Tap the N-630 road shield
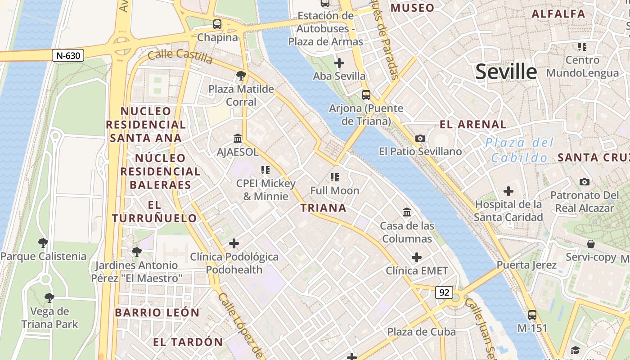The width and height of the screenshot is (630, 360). (x=68, y=56)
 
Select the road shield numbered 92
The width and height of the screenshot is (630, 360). (x=444, y=292)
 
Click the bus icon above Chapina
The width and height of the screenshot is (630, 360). (x=217, y=24)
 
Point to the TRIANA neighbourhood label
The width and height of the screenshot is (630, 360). (x=323, y=208)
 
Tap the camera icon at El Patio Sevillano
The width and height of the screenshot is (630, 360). (x=420, y=138)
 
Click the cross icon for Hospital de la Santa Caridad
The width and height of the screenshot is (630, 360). (x=508, y=191)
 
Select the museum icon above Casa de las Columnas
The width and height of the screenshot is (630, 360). (x=407, y=212)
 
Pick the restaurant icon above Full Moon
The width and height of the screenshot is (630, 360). (x=334, y=177)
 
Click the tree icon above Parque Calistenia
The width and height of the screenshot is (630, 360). (x=43, y=243)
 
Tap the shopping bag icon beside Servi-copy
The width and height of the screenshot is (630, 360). (x=590, y=244)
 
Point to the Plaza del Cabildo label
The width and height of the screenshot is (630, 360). (x=519, y=150)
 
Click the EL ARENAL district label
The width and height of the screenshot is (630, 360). (x=473, y=125)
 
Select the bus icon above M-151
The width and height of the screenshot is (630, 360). (x=532, y=315)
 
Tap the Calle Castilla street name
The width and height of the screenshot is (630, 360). (x=180, y=56)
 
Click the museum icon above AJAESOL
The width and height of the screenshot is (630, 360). (x=237, y=138)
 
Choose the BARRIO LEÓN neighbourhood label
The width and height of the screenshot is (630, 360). (x=157, y=312)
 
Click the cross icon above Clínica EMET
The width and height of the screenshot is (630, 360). (x=417, y=257)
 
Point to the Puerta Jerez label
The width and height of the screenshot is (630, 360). (x=526, y=265)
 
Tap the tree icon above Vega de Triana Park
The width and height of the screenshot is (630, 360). (x=49, y=297)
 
